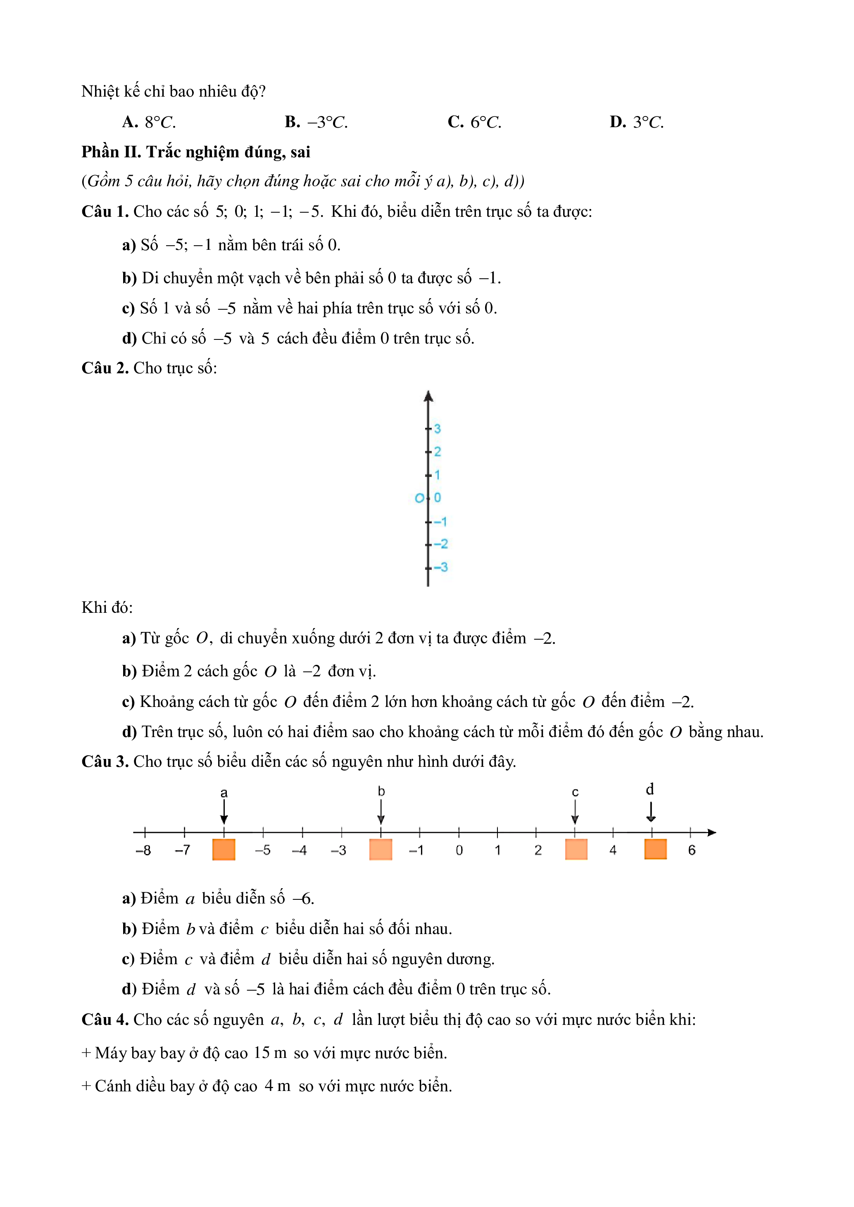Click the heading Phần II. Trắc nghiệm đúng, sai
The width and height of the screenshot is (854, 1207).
195,152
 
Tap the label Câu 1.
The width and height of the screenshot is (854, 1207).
105,212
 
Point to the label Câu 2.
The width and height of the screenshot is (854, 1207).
105,368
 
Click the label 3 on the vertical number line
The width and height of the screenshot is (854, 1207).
438,429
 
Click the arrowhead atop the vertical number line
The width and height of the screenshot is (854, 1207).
428,397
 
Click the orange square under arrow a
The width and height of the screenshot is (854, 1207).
224,849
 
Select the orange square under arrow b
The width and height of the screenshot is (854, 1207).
381,849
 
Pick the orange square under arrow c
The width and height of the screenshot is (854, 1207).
576,849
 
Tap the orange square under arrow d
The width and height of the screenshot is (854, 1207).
655,849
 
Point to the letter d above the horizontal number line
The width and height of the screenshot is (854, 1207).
650,790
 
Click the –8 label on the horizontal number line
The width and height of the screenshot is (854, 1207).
143,851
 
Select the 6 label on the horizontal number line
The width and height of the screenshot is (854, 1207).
692,851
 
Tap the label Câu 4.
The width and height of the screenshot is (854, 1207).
105,1020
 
